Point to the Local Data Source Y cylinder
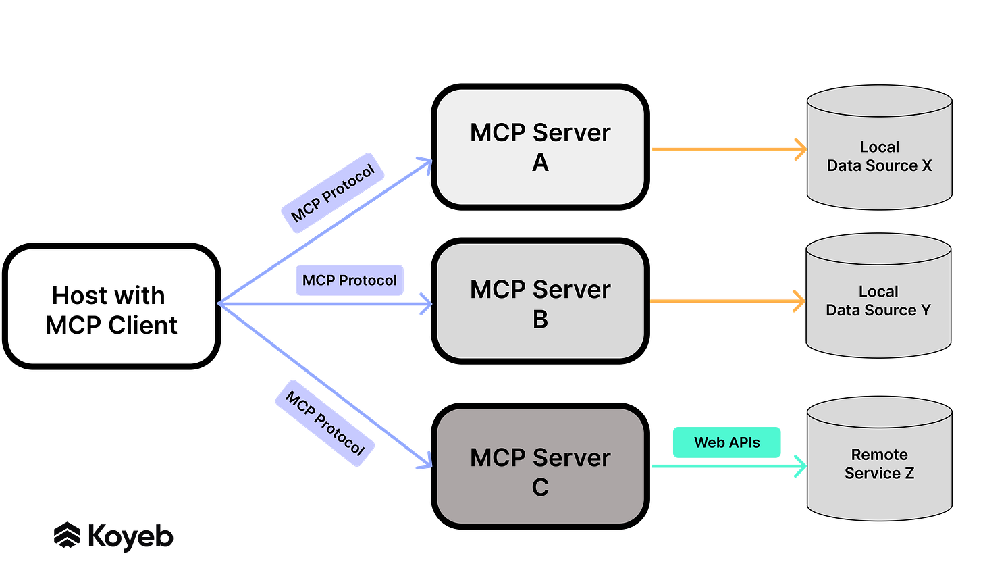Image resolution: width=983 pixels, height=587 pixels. coord(878,301)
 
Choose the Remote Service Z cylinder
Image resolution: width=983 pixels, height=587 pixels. coord(879,464)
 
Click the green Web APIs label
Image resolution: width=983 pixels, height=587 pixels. coord(726,442)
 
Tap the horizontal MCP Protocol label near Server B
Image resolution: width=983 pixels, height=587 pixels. coord(350,280)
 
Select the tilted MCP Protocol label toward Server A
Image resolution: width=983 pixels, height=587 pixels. coord(333,193)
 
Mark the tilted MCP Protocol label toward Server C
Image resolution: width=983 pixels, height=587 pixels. coord(325,423)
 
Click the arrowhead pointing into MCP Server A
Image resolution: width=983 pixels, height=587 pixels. coord(424,164)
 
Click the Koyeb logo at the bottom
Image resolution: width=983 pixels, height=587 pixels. coord(113,536)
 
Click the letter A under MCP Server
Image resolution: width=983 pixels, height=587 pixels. coord(540,163)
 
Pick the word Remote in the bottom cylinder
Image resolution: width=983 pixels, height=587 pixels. coord(879,455)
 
